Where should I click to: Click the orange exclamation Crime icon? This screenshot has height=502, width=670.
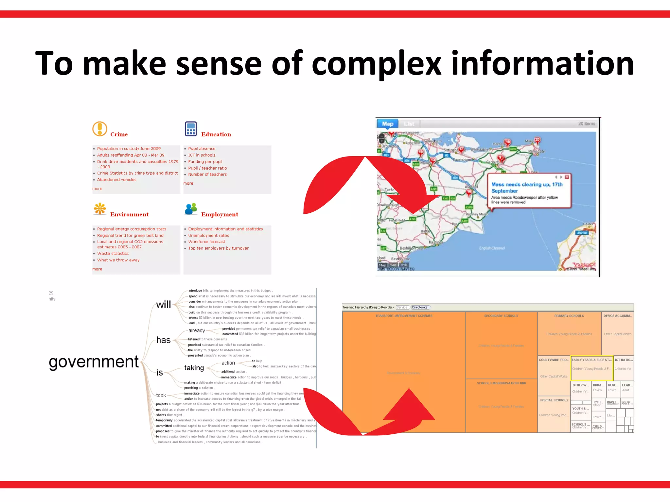[x=100, y=129]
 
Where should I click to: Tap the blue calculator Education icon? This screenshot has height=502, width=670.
[x=191, y=129]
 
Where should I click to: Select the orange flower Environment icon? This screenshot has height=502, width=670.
[x=100, y=209]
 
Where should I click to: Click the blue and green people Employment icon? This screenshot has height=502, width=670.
[x=191, y=209]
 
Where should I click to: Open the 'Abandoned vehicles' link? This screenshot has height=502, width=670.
[x=116, y=180]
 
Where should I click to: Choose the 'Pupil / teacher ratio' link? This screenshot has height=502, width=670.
[x=207, y=168]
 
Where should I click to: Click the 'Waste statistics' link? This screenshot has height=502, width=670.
[x=113, y=254]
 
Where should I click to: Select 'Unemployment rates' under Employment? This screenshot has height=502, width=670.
[x=208, y=236]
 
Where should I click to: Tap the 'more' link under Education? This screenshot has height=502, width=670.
[x=188, y=183]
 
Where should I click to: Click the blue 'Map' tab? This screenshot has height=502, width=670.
[x=387, y=124]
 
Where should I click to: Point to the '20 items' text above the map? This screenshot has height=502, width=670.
[x=586, y=124]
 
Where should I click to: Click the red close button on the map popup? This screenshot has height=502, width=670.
[x=567, y=177]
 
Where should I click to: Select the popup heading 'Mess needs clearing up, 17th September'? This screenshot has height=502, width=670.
[x=526, y=188]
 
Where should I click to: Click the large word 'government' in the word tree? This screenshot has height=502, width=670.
[x=94, y=362]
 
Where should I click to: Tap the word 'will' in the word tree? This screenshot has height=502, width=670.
[x=163, y=305]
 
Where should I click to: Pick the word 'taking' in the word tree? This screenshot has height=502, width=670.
[x=194, y=368]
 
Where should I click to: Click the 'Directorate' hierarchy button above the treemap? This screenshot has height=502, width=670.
[x=420, y=307]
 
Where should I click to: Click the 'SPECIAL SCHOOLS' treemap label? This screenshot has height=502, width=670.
[x=554, y=400]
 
